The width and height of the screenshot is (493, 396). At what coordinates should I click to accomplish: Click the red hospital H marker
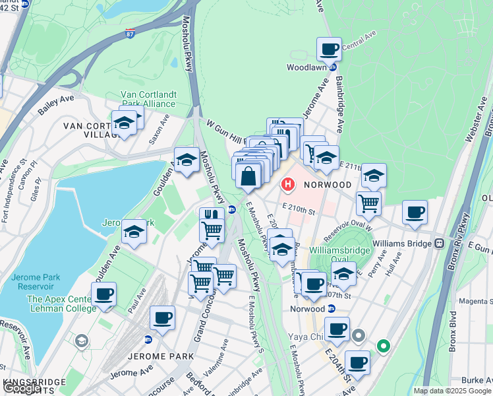pyautogui.click(x=288, y=184)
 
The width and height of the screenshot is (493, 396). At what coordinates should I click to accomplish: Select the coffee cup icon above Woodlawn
pyautogui.click(x=329, y=49)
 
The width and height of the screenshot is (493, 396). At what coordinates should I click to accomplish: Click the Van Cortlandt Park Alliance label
pyautogui.click(x=148, y=99)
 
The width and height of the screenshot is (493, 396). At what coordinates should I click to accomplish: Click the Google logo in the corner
pyautogui.click(x=22, y=388)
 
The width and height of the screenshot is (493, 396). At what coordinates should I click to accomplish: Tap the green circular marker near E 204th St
pyautogui.click(x=382, y=346)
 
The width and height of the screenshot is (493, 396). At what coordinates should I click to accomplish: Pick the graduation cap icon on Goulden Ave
pyautogui.click(x=187, y=160)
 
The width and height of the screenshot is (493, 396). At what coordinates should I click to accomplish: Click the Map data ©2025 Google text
pyautogui.click(x=452, y=391)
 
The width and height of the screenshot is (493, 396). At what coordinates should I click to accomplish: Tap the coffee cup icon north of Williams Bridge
pyautogui.click(x=415, y=213)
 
